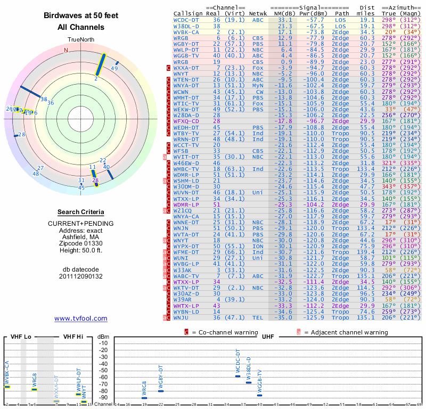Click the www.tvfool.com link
click(81, 318)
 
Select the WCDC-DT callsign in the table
click(186, 19)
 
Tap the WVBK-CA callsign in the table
click(186, 32)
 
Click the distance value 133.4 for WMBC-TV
click(367, 169)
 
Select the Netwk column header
click(258, 13)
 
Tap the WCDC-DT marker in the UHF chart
click(238, 376)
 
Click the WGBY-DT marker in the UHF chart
click(161, 391)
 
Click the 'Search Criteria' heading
click(81, 212)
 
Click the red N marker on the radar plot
click(66, 51)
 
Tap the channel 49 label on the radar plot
click(114, 68)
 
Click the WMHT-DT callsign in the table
click(186, 98)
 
